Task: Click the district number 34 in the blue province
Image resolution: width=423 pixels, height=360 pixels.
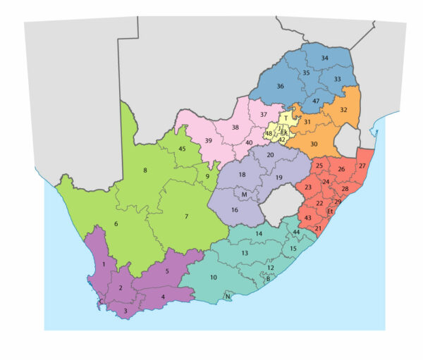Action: [x=324, y=58]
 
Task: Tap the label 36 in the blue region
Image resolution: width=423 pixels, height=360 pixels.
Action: [x=280, y=87]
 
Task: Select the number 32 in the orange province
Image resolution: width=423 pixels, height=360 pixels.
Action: [x=343, y=110]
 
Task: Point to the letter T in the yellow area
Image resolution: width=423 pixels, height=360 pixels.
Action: [x=286, y=118]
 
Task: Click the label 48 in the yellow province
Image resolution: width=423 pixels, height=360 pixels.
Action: [x=269, y=134]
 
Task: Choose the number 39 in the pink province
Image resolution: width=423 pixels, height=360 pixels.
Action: [x=209, y=141]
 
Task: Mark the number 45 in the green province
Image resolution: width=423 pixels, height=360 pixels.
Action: [x=182, y=149]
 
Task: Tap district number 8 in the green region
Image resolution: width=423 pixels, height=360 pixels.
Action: [x=145, y=170]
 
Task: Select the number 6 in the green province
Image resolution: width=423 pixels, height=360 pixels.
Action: [x=116, y=225]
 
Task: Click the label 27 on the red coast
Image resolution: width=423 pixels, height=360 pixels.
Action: [x=362, y=166]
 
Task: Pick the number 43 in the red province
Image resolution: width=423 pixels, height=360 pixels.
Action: [x=308, y=218]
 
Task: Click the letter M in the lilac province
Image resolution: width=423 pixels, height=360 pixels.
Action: [x=244, y=194]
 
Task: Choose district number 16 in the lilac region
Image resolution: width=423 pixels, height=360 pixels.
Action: [x=235, y=210]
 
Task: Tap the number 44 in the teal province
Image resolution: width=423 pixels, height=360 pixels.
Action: [x=296, y=232]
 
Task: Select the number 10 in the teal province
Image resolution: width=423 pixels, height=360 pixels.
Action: [x=213, y=278]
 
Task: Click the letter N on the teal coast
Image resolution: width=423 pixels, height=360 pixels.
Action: [x=227, y=297]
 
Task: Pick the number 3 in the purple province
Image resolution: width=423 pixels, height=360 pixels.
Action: [x=125, y=310]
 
